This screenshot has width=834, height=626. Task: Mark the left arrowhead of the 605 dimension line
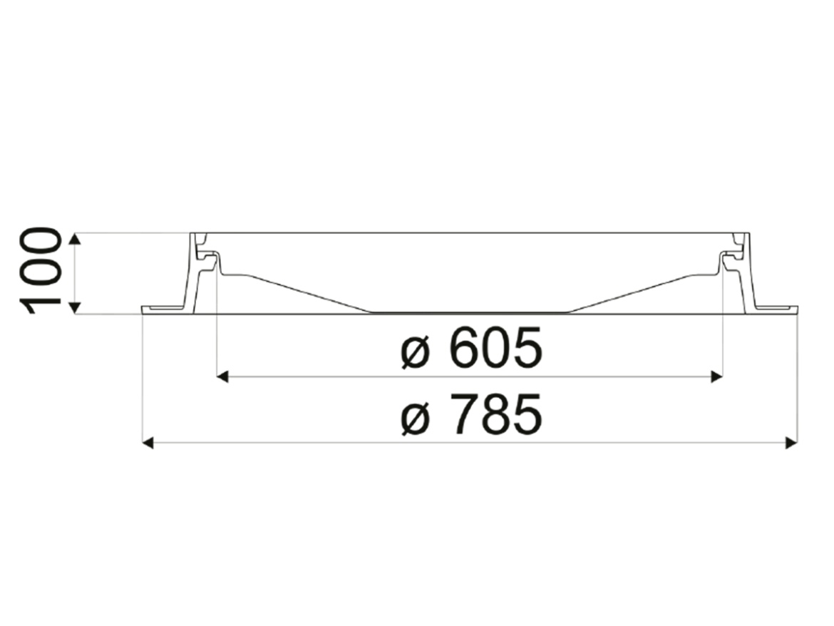[x=222, y=376]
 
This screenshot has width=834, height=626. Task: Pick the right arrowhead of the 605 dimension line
[x=717, y=376]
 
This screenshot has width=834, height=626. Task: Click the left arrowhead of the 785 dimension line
[x=148, y=443]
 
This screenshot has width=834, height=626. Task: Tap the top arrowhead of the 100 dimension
[x=75, y=238]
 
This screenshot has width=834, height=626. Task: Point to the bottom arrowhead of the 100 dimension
[x=75, y=307]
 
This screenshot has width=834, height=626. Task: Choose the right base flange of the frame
[x=775, y=309]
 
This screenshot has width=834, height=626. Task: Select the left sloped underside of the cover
[x=299, y=291]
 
